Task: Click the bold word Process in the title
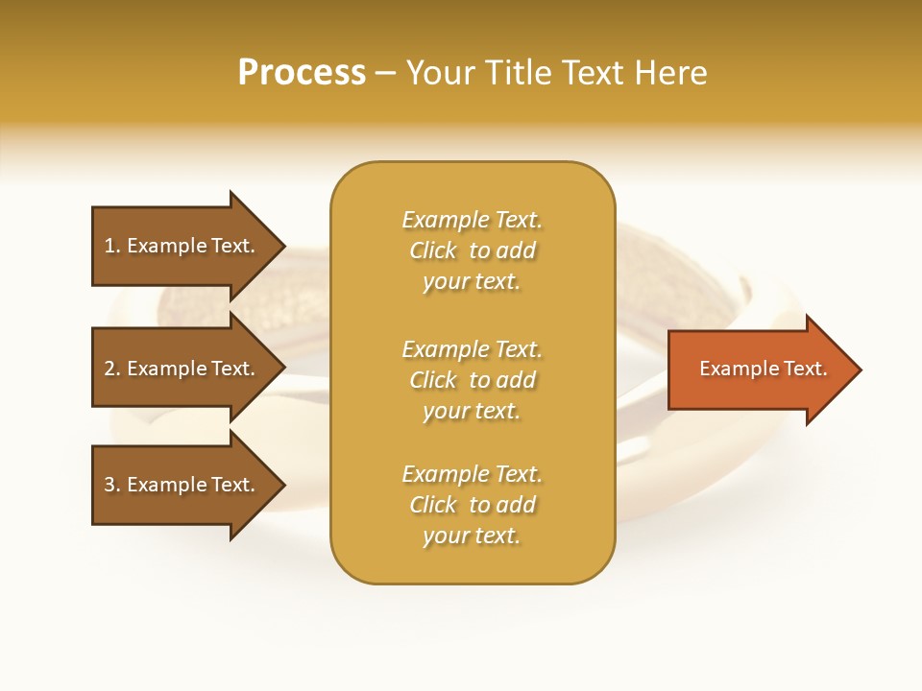[x=302, y=73]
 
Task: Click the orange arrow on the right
[x=759, y=369]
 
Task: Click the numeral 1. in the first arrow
[x=112, y=246]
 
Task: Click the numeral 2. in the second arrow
[x=112, y=369]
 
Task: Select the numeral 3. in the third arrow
[x=112, y=485]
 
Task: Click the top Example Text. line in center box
[x=472, y=220]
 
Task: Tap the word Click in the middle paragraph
[x=432, y=380]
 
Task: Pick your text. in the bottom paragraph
[x=472, y=536]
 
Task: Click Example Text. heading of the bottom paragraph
[x=472, y=474]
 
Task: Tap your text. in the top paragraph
[x=472, y=281]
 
